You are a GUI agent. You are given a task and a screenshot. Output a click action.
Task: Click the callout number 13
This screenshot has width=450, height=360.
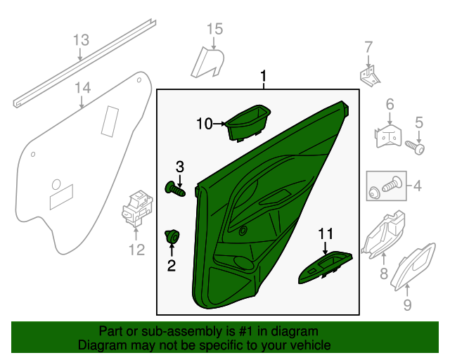(81, 39)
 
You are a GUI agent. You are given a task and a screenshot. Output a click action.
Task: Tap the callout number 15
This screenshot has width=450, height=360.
(214, 29)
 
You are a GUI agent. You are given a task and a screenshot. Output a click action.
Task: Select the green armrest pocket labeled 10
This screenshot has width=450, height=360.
(250, 122)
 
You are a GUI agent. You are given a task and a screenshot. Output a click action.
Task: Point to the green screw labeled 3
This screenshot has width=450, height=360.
(174, 189)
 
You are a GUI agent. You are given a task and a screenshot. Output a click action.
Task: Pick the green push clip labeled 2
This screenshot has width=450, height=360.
(171, 237)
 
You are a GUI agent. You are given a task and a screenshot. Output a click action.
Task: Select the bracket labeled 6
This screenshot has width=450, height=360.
(385, 136)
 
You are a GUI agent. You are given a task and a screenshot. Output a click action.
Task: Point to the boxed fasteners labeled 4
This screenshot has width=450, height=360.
(387, 187)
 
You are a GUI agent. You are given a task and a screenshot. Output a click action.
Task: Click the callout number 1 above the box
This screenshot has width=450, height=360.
(264, 76)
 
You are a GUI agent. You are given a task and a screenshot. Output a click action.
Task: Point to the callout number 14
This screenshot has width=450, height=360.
(83, 87)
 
